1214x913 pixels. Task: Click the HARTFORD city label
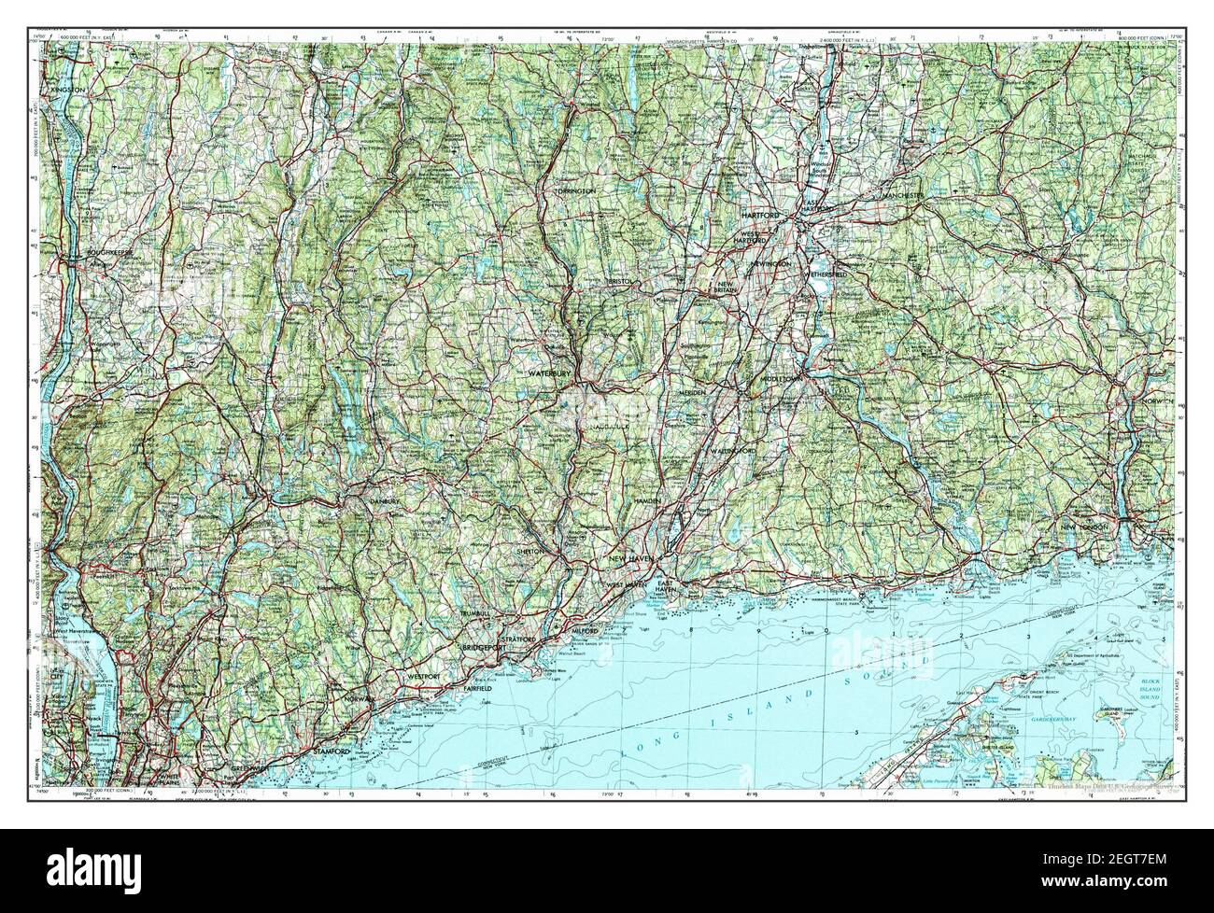click(760, 216)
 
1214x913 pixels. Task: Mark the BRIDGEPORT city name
click(483, 646)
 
